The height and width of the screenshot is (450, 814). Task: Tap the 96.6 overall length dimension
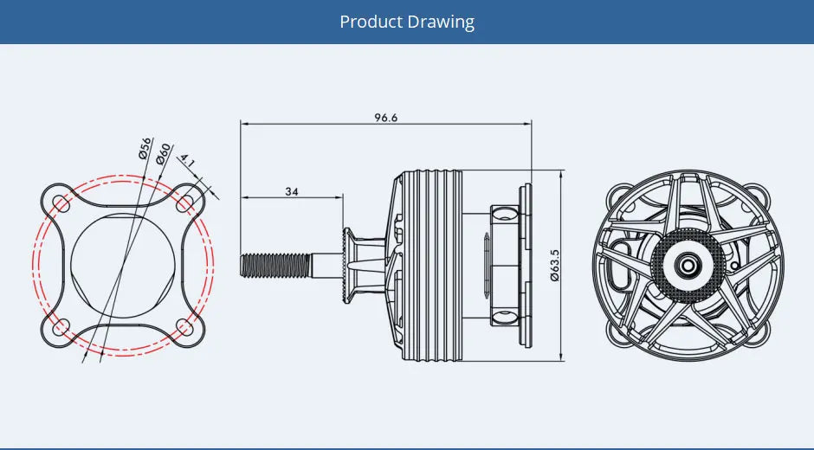click(386, 118)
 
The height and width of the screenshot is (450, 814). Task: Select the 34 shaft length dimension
click(292, 191)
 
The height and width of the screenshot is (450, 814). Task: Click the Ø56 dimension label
click(145, 148)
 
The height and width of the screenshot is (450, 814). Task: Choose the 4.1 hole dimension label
click(187, 162)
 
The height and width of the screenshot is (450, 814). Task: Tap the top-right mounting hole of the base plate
click(184, 202)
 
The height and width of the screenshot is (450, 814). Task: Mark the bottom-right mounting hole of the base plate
click(184, 327)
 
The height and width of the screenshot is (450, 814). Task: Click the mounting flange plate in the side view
click(523, 265)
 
